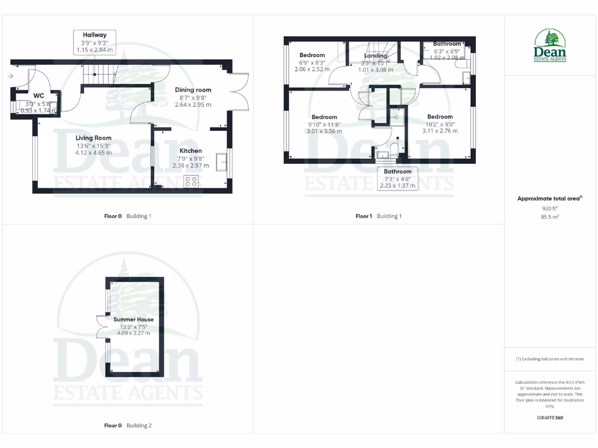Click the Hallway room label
(95, 35)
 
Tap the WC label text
(39, 95)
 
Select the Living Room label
(93, 138)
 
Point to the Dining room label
(193, 90)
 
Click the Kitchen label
(190, 150)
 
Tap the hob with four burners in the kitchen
(191, 181)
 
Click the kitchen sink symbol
(222, 162)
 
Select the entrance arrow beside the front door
(11, 76)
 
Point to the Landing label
(376, 56)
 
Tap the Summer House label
(134, 320)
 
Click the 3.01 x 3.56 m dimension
(324, 131)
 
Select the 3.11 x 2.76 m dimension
(440, 131)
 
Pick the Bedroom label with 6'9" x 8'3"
(312, 55)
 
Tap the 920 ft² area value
(550, 208)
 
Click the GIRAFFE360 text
(550, 418)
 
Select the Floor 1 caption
(364, 216)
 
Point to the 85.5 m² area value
(550, 216)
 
